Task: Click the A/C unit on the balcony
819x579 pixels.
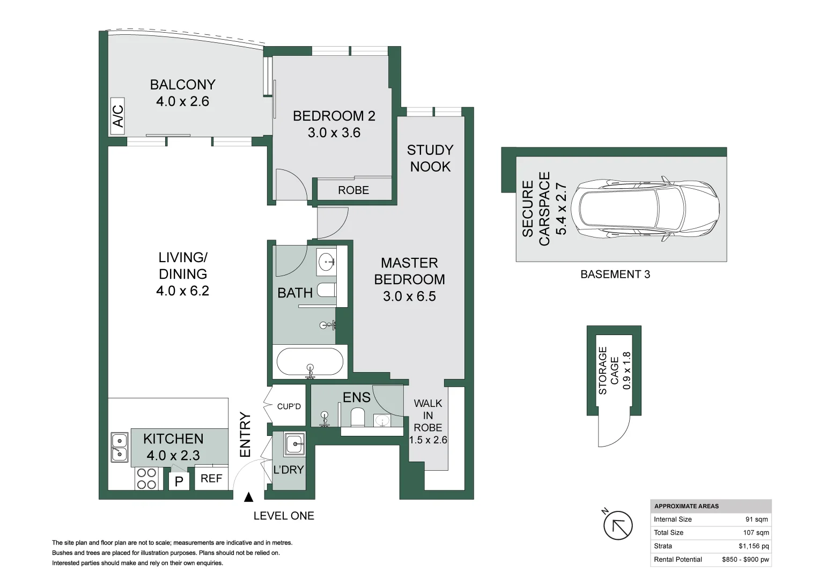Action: pyautogui.click(x=117, y=116)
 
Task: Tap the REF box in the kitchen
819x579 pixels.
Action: pyautogui.click(x=211, y=478)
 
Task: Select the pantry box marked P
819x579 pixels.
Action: pyautogui.click(x=179, y=481)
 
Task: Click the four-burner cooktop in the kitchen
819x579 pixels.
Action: pyautogui.click(x=146, y=479)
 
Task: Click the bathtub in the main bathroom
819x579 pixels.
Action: pyautogui.click(x=310, y=361)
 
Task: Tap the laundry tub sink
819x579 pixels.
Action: pyautogui.click(x=294, y=444)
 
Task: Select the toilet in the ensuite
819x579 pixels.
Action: pyautogui.click(x=358, y=418)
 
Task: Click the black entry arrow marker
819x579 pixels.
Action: pyautogui.click(x=249, y=497)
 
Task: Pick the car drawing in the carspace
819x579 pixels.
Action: pyautogui.click(x=645, y=209)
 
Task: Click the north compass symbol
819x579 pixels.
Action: pyautogui.click(x=617, y=524)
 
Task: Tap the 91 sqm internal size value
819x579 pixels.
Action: pyautogui.click(x=756, y=519)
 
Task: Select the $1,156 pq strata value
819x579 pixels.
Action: pyautogui.click(x=754, y=546)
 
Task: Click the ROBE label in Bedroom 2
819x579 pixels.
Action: pyautogui.click(x=353, y=190)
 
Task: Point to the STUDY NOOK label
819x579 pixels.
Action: pyautogui.click(x=430, y=158)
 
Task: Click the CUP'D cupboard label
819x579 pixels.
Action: pyautogui.click(x=289, y=406)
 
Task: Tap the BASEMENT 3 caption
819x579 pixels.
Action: pyautogui.click(x=615, y=274)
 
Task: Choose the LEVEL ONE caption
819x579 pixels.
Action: pyautogui.click(x=284, y=516)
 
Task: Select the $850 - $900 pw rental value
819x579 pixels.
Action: pyautogui.click(x=746, y=559)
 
